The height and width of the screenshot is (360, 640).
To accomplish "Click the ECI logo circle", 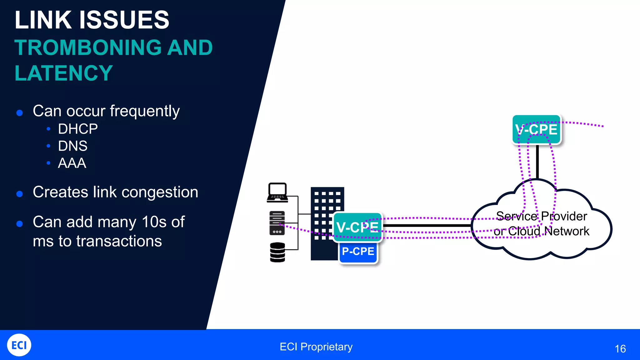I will click(19, 345).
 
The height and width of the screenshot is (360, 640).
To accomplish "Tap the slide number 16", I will click(620, 349).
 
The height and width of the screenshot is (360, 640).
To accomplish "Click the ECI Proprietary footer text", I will click(316, 347).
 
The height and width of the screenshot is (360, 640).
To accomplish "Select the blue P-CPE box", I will click(358, 252).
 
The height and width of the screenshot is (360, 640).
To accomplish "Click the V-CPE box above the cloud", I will click(537, 129).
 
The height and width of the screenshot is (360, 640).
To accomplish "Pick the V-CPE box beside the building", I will click(357, 227).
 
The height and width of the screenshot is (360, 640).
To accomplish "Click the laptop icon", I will click(277, 192).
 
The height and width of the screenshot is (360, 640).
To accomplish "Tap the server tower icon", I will click(277, 223).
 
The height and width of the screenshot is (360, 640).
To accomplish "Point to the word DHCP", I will click(78, 129).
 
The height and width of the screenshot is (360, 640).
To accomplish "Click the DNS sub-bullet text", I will click(72, 146).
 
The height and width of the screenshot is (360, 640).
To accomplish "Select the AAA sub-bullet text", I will click(72, 163).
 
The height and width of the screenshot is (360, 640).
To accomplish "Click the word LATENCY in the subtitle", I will click(63, 73).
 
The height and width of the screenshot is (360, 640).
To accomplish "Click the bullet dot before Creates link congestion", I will click(20, 194).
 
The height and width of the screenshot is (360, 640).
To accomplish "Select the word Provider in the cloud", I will click(564, 216).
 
